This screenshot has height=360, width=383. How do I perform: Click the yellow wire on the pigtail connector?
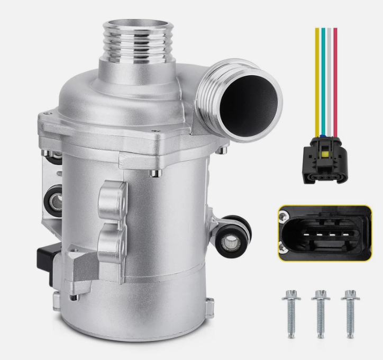(317, 79)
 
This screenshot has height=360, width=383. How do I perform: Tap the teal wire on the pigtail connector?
(323, 79)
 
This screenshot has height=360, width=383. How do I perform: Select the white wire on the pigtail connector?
(329, 79)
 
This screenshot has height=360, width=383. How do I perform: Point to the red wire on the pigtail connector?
(335, 79)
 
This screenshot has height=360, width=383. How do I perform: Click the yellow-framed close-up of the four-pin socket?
(324, 232)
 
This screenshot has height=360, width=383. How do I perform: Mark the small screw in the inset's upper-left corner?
(285, 214)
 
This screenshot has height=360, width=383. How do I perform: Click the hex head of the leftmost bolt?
(290, 294)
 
